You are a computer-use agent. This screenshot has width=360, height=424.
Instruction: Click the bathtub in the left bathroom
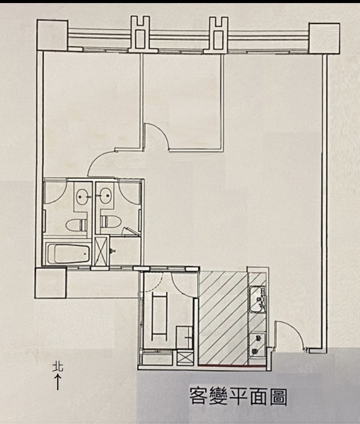[x=68, y=254]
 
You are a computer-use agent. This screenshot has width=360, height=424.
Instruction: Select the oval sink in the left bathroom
[x=82, y=197]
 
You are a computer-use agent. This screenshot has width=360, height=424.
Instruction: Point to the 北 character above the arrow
[x=58, y=367]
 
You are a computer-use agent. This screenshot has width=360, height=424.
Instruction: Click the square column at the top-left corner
[x=52, y=35]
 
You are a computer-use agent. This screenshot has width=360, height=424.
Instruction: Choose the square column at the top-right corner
[x=324, y=38]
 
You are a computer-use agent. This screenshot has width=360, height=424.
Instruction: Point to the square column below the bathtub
[x=50, y=283]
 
